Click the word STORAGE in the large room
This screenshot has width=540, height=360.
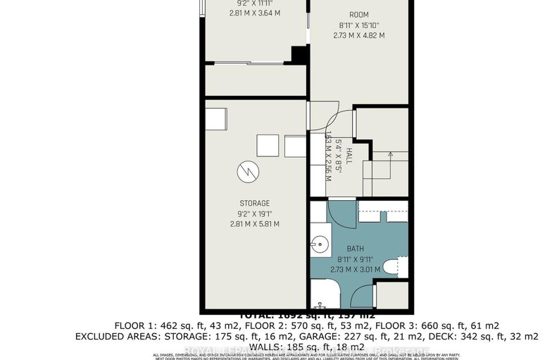pos(254,204)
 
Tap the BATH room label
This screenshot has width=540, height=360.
pos(354,248)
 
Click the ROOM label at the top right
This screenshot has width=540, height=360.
pos(359,14)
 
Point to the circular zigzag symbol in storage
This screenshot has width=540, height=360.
pos(248,170)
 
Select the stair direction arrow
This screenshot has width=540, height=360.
pos(385,156)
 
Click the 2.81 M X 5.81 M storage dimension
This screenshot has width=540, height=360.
pos(254,224)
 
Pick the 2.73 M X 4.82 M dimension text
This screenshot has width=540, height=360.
pos(359,35)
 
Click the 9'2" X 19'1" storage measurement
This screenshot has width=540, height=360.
pos(254,214)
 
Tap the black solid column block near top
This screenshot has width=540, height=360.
pos(300,54)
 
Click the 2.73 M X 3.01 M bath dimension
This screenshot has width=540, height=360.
pos(354,269)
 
